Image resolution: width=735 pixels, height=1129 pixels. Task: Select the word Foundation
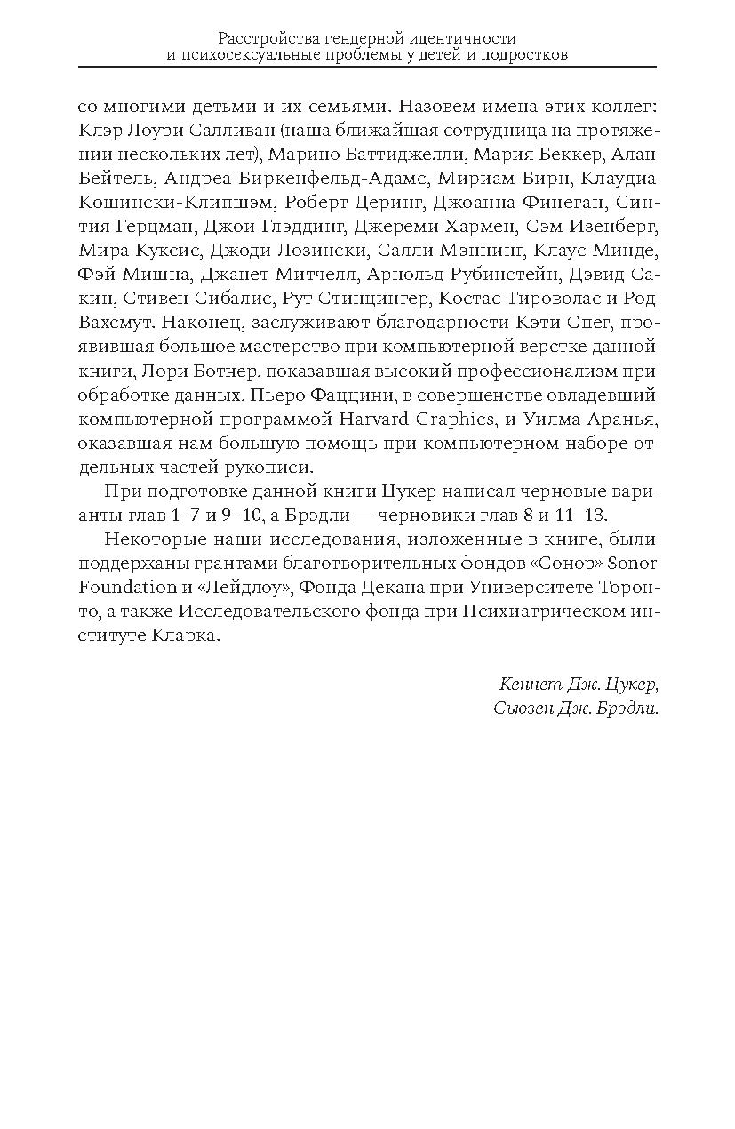coord(128,587)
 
